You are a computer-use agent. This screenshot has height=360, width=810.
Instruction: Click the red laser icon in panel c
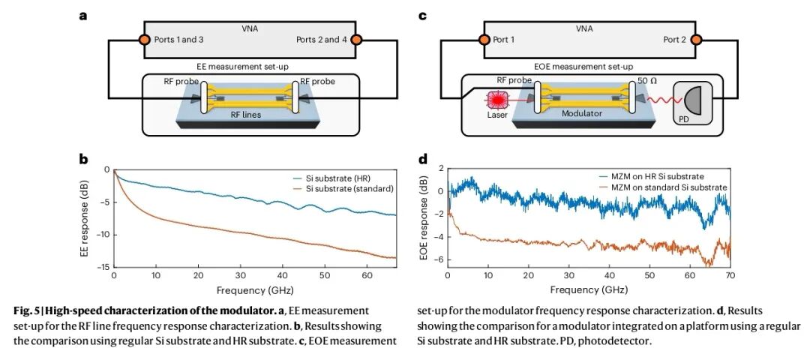[x=497, y=101]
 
